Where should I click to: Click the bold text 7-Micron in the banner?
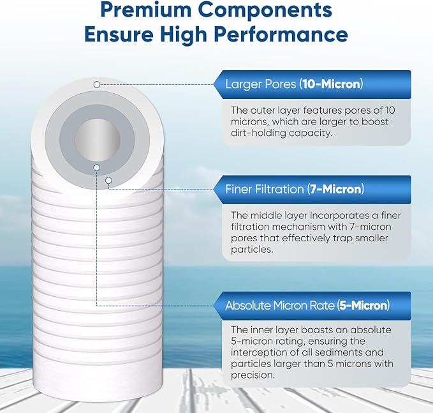335,190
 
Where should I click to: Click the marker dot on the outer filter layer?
96,84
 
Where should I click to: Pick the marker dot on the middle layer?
109,181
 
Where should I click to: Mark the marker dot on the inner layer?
96,168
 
